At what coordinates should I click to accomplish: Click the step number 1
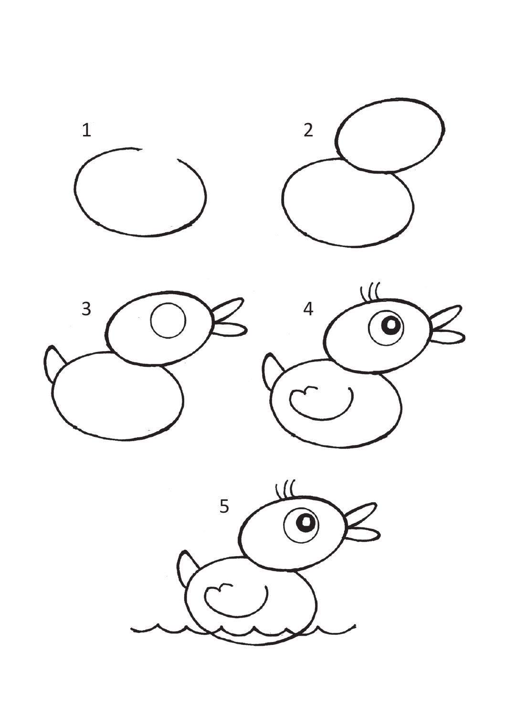(86, 130)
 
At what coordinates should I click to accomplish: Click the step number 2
(308, 130)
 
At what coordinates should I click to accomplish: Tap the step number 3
(86, 309)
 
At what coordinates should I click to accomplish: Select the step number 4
(308, 309)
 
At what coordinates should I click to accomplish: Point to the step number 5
(224, 506)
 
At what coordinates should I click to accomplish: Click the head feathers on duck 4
(370, 290)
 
